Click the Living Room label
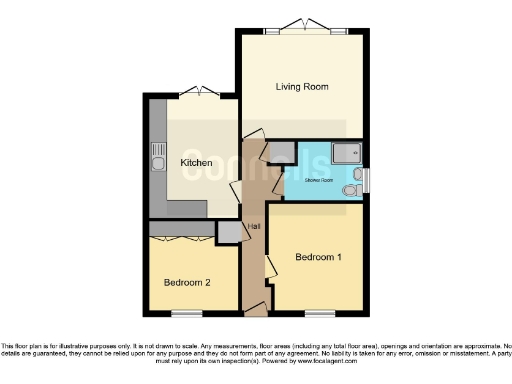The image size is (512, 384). click(302, 87)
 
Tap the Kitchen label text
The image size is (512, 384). click(195, 162)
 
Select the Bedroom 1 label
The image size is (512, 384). click(318, 257)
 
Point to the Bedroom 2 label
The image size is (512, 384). click(187, 282)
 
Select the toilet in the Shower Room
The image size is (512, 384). click(349, 188)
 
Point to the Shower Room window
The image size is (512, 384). click(366, 179)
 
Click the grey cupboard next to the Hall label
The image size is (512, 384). click(230, 233)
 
